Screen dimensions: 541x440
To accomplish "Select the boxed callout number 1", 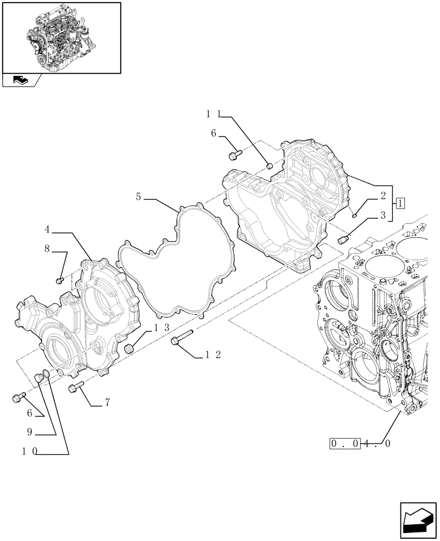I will tap(399, 204).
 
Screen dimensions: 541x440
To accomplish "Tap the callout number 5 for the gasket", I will tap(139, 197).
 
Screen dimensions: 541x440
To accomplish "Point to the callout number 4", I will tap(48, 229).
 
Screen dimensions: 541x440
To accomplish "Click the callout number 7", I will tap(107, 402).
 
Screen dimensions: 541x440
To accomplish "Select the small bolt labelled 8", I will tap(60, 280).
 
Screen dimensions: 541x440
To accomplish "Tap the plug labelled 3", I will tap(342, 239).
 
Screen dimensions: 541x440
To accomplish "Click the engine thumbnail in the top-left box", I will tap(62, 36).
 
